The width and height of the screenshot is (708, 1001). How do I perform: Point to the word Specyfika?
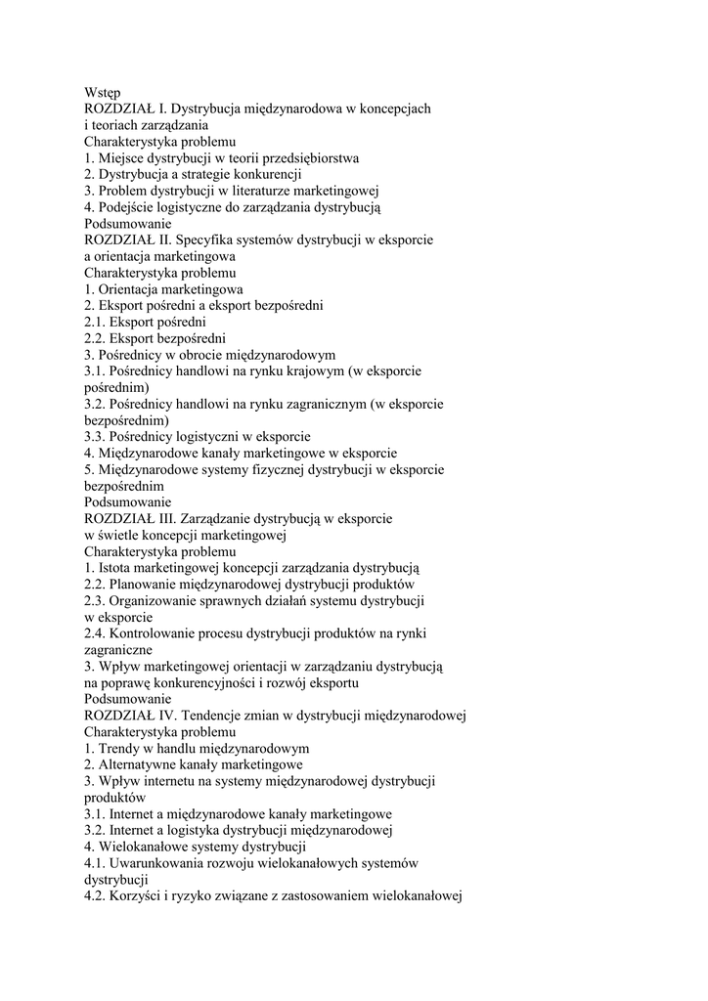click(210, 239)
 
